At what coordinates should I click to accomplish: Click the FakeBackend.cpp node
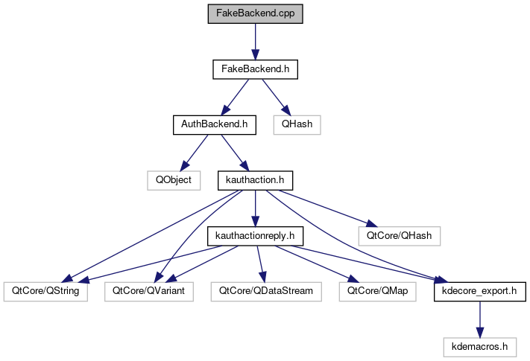pos(256,14)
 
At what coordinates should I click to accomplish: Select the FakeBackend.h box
pos(256,69)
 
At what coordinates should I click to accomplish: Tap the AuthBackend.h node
pos(214,124)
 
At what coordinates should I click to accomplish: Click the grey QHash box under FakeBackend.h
pos(297,124)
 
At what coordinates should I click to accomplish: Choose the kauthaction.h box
pos(255,180)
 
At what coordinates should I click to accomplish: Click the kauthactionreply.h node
pos(255,236)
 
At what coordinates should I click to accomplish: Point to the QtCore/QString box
pos(45,291)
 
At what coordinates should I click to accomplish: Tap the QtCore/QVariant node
pos(148,291)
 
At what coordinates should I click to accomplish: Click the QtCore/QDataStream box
pos(266,291)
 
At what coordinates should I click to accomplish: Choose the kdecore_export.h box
pos(479,291)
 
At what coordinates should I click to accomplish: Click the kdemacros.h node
pos(479,346)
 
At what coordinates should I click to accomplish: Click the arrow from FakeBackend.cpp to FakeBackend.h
pos(256,42)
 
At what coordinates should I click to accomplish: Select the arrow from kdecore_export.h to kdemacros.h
pos(479,319)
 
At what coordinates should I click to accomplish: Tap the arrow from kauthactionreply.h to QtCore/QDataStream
pos(260,263)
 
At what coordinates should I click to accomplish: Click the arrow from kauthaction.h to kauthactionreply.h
pos(255,208)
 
